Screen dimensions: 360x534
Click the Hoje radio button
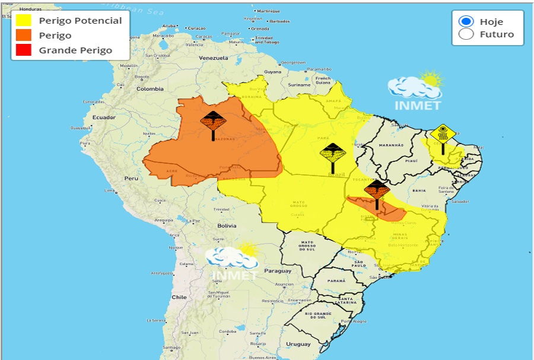tap(466, 21)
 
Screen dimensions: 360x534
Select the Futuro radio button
tap(466, 34)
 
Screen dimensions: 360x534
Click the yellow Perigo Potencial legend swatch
tap(24, 20)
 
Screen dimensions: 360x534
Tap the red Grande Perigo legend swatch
tap(24, 50)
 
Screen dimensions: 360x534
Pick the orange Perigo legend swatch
tap(24, 35)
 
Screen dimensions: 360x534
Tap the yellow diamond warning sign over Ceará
tap(443, 134)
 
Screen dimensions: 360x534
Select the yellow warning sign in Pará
tap(333, 154)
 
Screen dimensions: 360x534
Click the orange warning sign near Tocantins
tap(377, 192)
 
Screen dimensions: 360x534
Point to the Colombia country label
tap(150, 89)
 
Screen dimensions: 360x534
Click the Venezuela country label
tap(213, 58)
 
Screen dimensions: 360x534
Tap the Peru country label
tap(131, 178)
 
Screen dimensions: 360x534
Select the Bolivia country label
tap(227, 225)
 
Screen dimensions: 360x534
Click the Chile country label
tap(179, 297)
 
